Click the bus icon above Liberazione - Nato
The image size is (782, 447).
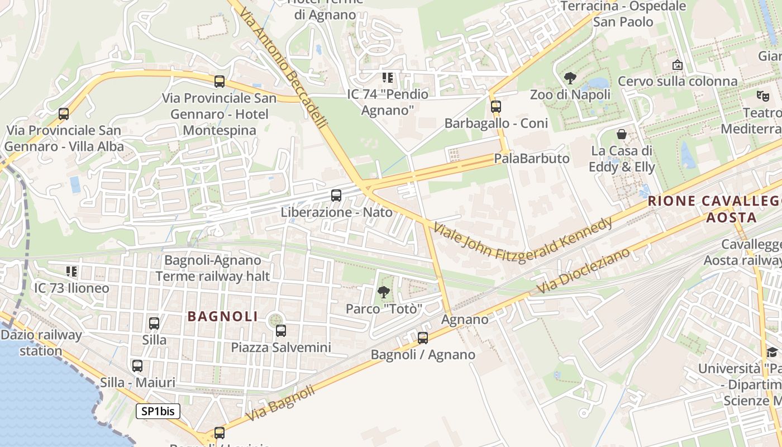336,196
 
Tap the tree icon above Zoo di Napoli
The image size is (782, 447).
570,78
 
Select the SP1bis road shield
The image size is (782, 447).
158,412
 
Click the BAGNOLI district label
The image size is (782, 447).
223,316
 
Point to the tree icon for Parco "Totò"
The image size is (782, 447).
383,292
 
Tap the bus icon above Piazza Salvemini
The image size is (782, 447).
281,331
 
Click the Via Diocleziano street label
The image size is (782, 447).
584,270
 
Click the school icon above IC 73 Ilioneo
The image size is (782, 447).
71,272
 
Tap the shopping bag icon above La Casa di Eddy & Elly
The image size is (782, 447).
621,134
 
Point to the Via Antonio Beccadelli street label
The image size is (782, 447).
284,64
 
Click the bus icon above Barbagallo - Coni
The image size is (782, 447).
495,107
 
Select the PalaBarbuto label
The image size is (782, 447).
531,158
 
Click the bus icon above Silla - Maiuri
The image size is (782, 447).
137,366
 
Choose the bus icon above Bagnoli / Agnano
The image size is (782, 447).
423,338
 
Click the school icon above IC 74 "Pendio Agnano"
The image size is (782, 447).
387,77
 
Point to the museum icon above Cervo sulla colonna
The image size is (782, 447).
678,65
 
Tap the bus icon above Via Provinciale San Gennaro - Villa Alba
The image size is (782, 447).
64,114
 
